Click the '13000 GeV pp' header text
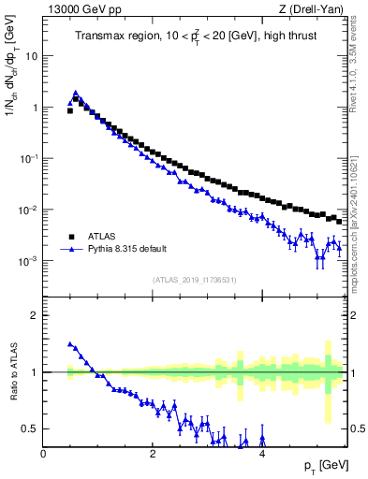coord(80,10)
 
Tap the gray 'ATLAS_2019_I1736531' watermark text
coord(195,281)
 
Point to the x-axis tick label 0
coord(43,454)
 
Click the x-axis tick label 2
coord(153,454)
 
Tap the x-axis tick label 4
coord(262,454)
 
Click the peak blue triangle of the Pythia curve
coord(76,94)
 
